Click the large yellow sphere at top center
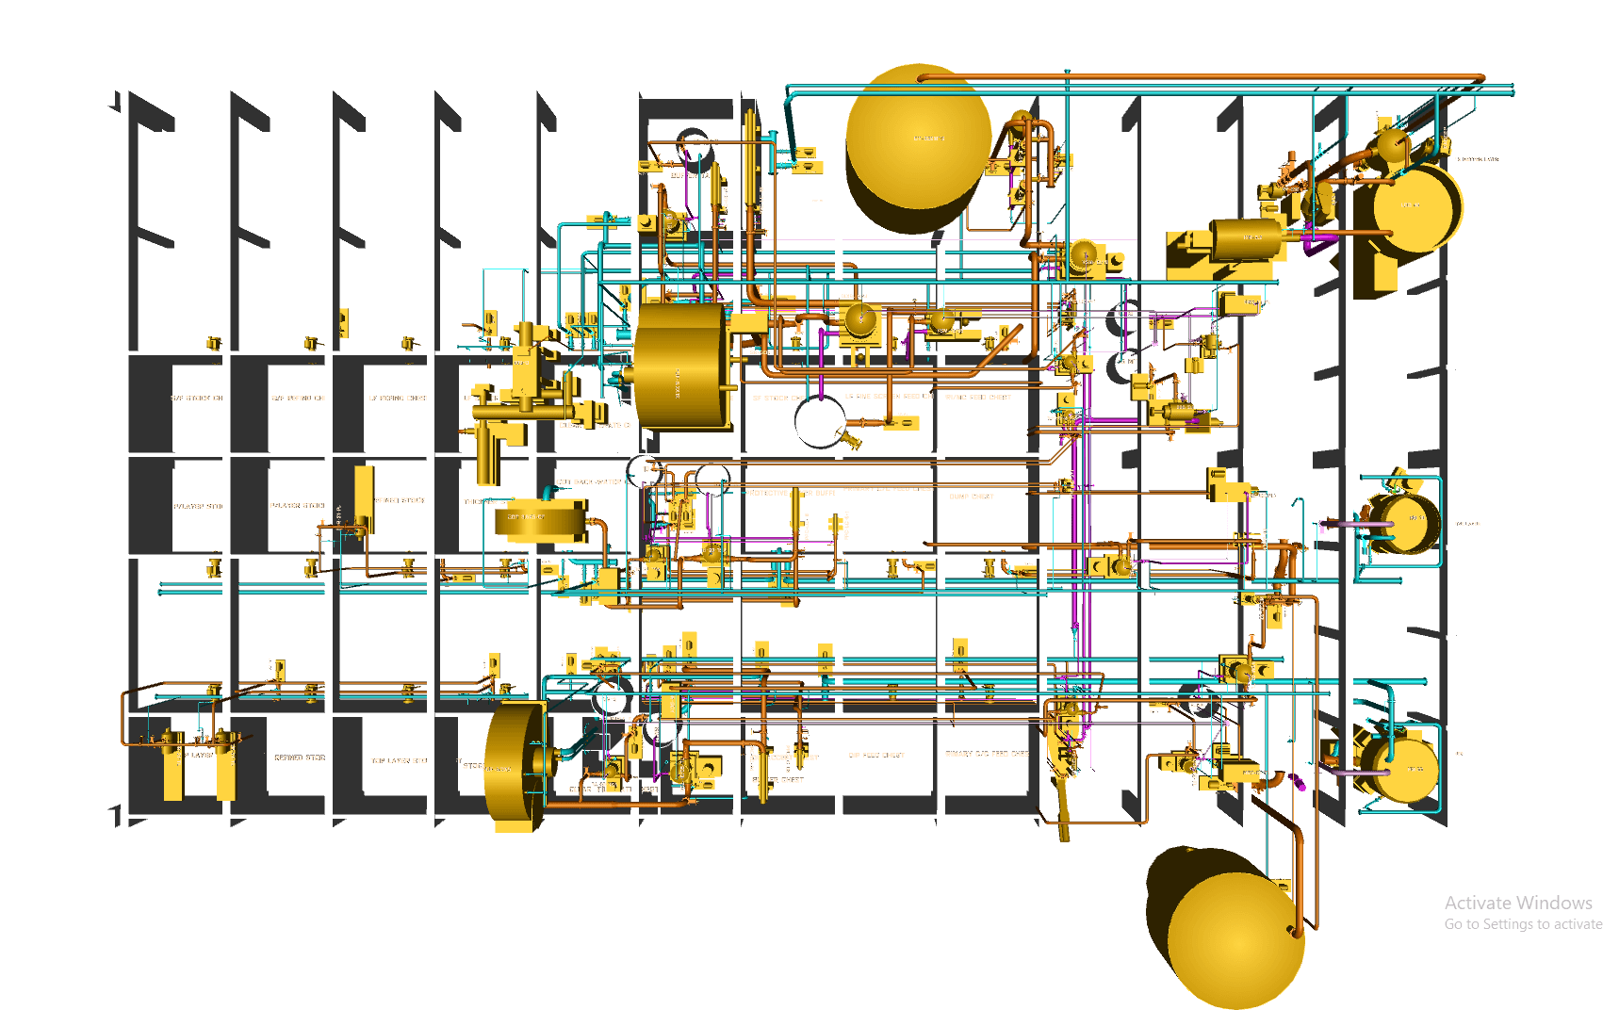(x=919, y=141)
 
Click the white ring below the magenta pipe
(x=819, y=421)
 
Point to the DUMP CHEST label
(x=971, y=496)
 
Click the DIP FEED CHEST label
(x=876, y=755)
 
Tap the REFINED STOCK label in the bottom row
(x=300, y=757)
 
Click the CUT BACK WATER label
(x=589, y=482)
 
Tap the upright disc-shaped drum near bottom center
(x=514, y=765)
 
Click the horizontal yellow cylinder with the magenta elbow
(x=1246, y=239)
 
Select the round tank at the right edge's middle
(x=1409, y=523)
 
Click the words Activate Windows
(x=1517, y=903)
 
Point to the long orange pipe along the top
(x=1197, y=77)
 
